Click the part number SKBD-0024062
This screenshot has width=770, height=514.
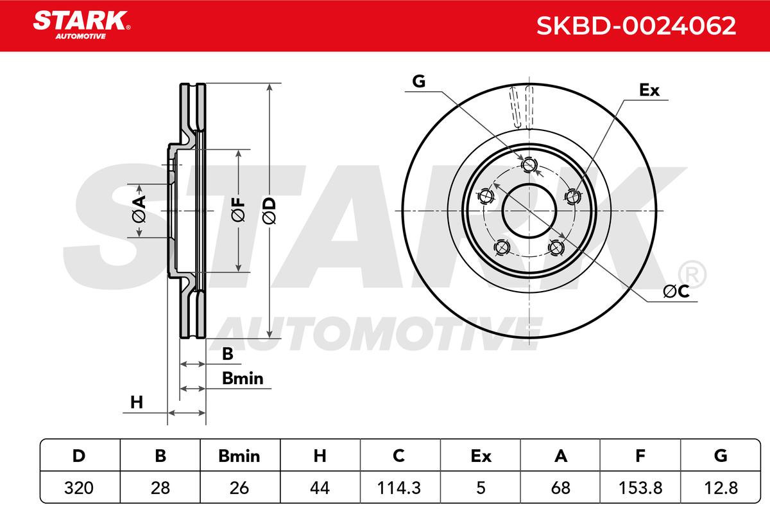point(636,26)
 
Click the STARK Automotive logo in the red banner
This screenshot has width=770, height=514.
point(81,25)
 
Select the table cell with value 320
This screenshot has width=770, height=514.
point(79,488)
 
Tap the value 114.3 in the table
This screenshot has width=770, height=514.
point(398,488)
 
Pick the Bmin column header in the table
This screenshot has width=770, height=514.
point(239,456)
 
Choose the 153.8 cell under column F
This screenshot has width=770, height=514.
point(640,488)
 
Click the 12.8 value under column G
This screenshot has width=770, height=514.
point(721,488)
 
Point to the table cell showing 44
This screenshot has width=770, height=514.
point(320,488)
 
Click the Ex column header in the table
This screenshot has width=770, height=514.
point(481,456)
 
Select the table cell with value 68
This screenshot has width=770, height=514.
point(560,488)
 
